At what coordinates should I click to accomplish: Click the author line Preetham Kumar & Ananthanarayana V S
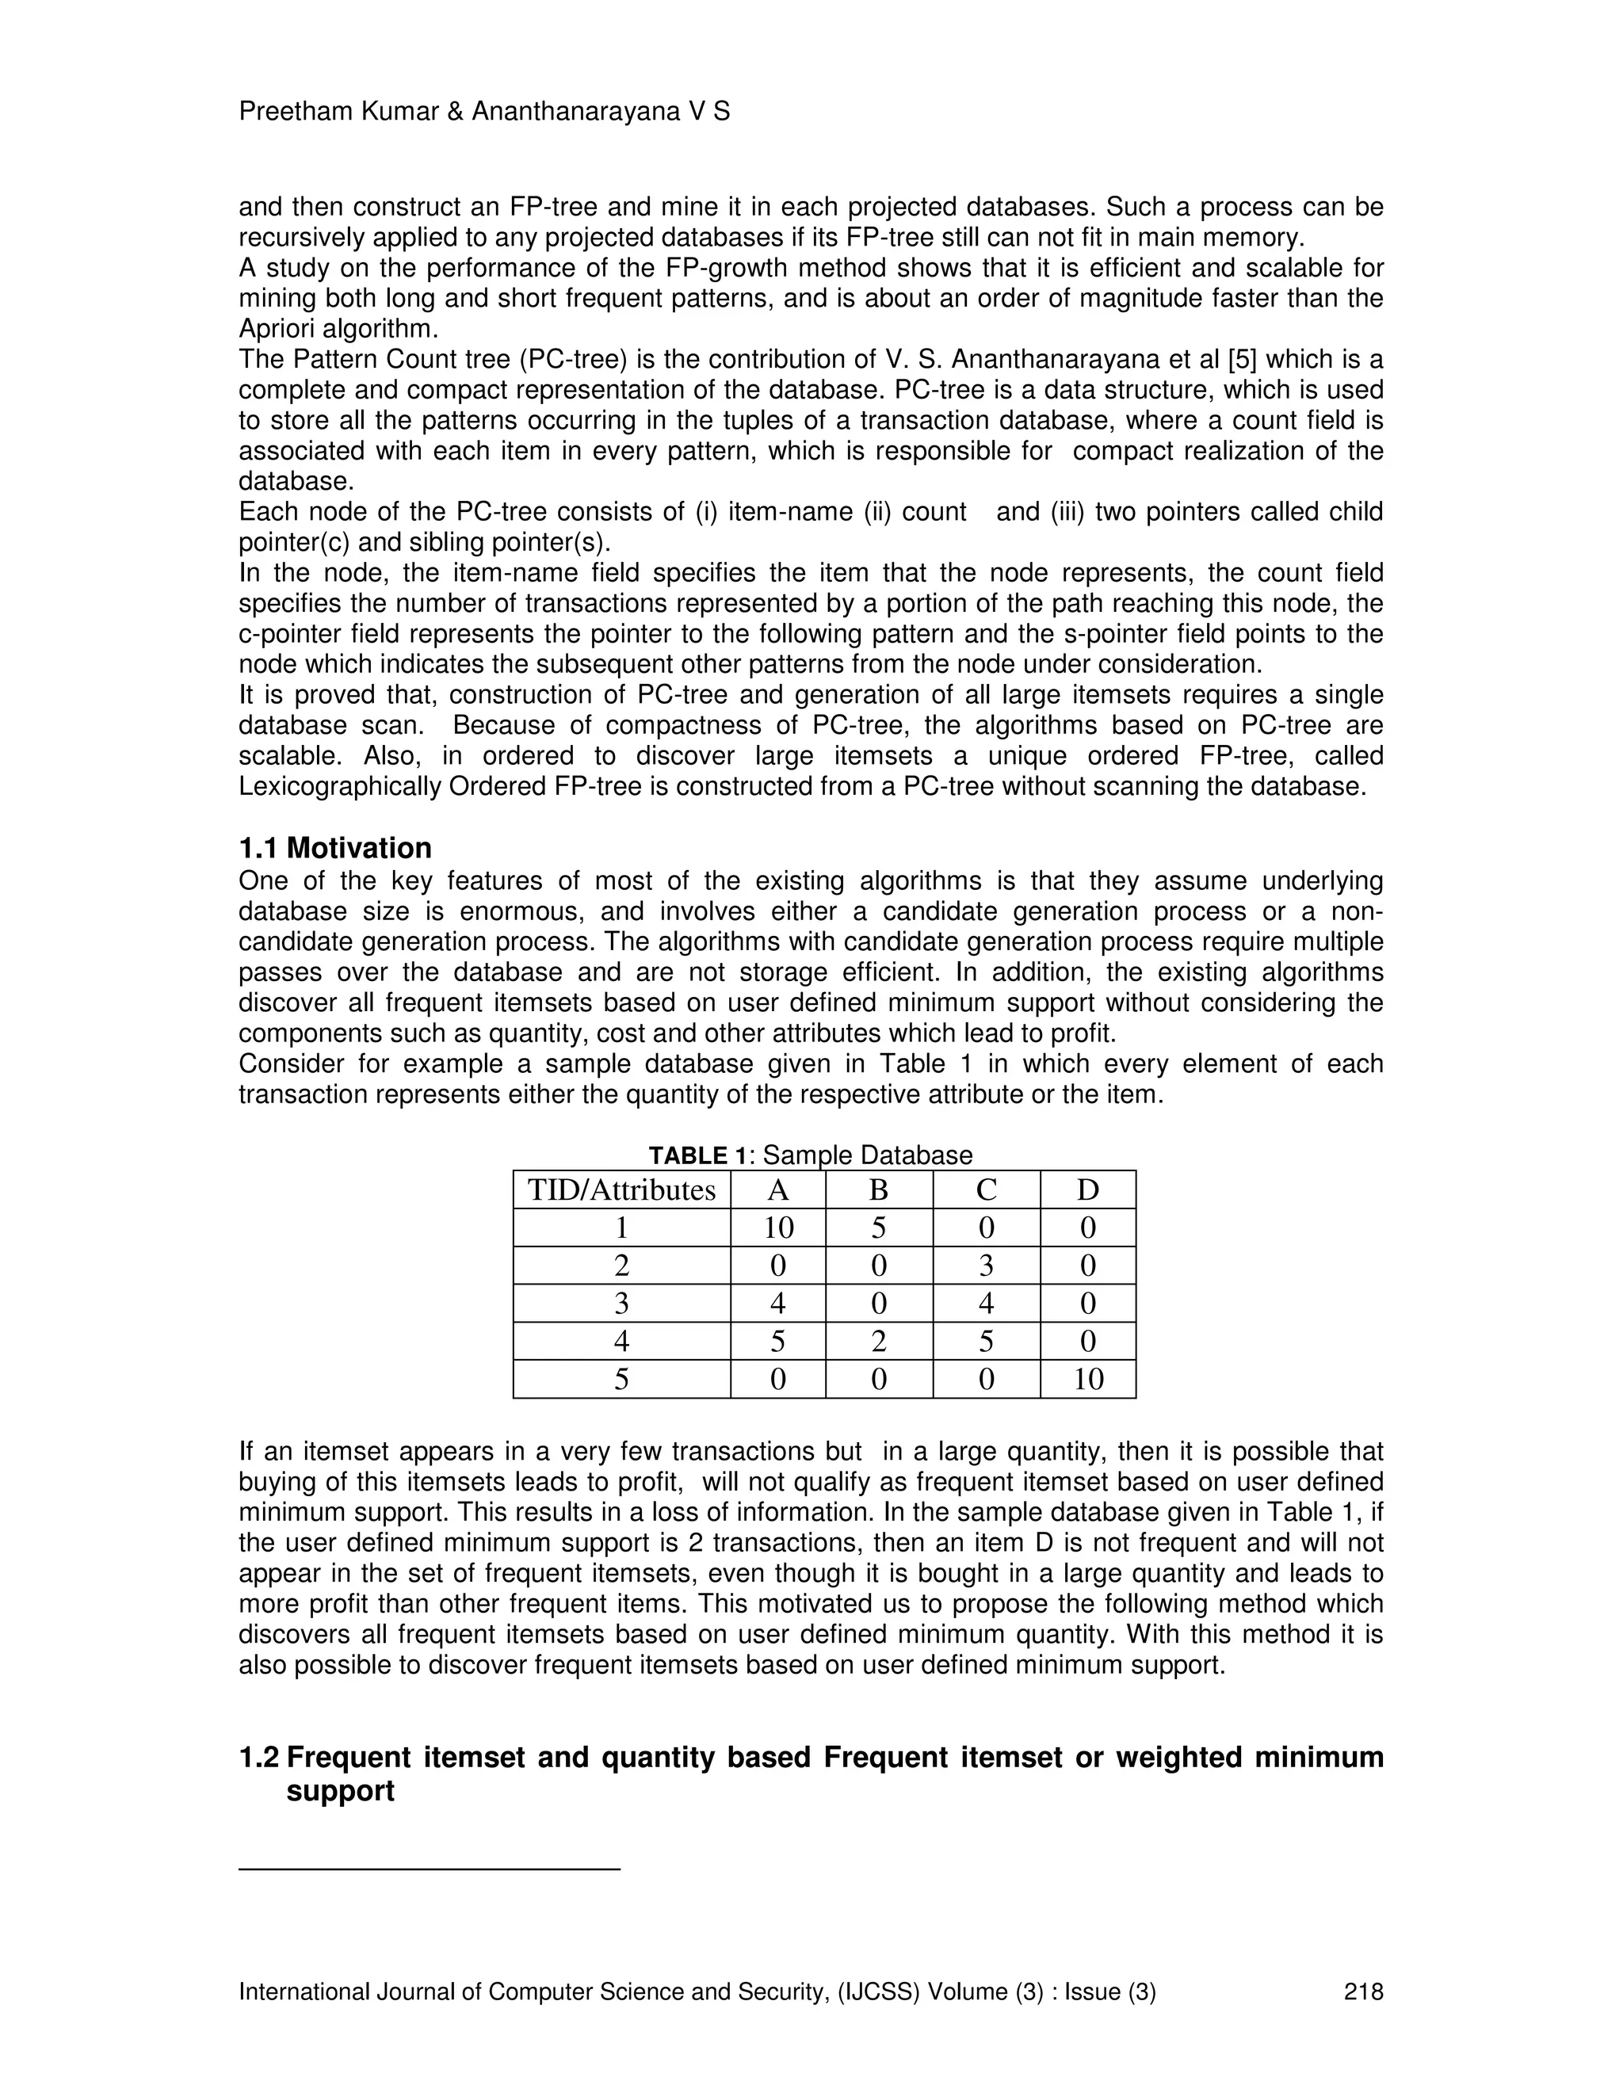pyautogui.click(x=483, y=113)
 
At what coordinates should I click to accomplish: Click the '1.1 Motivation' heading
pyautogui.click(x=334, y=848)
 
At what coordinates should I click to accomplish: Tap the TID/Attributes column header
pyautogui.click(x=621, y=1190)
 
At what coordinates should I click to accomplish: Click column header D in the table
pyautogui.click(x=1087, y=1190)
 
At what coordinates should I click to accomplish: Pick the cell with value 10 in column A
pyautogui.click(x=778, y=1228)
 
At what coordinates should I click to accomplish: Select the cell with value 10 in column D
pyautogui.click(x=1087, y=1380)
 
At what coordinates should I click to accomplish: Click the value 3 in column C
pyautogui.click(x=986, y=1266)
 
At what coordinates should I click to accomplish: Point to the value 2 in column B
pyautogui.click(x=879, y=1342)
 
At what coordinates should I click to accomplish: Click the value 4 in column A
pyautogui.click(x=778, y=1304)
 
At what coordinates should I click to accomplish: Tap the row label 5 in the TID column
pyautogui.click(x=621, y=1380)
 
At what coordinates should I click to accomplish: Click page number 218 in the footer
pyautogui.click(x=1362, y=1991)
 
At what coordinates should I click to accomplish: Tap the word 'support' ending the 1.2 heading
pyautogui.click(x=340, y=1793)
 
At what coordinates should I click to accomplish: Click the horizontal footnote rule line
pyautogui.click(x=429, y=1869)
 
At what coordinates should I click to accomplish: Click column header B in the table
pyautogui.click(x=879, y=1190)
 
